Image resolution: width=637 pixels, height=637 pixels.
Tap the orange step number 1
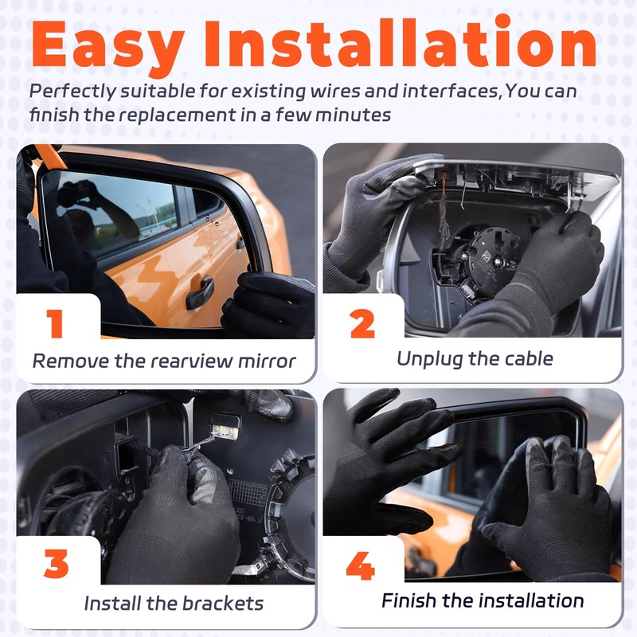tap(55, 324)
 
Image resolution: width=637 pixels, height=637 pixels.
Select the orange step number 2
tap(362, 324)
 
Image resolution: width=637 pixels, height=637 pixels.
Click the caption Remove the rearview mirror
tap(164, 361)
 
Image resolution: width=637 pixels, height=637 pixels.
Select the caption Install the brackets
tap(174, 603)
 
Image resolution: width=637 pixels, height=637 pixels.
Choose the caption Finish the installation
tap(483, 600)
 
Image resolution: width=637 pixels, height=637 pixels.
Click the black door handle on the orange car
tap(200, 292)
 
